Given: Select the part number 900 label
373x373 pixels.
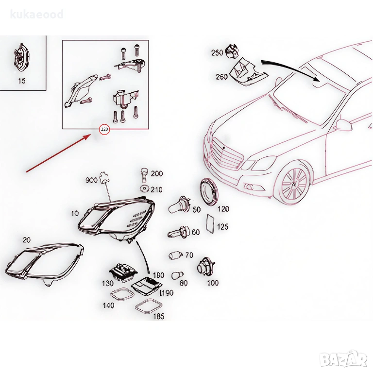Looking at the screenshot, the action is pos(91,180).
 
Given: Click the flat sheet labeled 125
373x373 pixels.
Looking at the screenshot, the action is pos(210,223).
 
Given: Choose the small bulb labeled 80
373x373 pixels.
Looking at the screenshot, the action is pos(177,275).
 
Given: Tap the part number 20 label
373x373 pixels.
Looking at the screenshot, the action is pos(27,240).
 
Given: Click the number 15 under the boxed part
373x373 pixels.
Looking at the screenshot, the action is pos(22,81).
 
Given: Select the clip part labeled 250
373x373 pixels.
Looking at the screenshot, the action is pos(232,51).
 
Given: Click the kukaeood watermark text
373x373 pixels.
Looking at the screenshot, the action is pos(37,14).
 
